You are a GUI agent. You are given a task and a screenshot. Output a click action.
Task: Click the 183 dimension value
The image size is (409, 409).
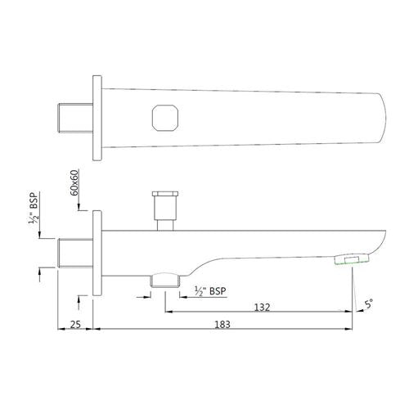pos(222,325)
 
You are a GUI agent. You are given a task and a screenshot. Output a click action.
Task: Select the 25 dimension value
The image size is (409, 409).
pos(74,325)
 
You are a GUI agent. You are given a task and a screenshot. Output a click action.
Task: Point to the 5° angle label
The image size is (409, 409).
pos(369,306)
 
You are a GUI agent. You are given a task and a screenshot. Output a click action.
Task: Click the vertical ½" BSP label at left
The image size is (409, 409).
pos(34,210)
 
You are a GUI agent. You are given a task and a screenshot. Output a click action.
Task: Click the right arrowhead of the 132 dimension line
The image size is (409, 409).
pos(350,311)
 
